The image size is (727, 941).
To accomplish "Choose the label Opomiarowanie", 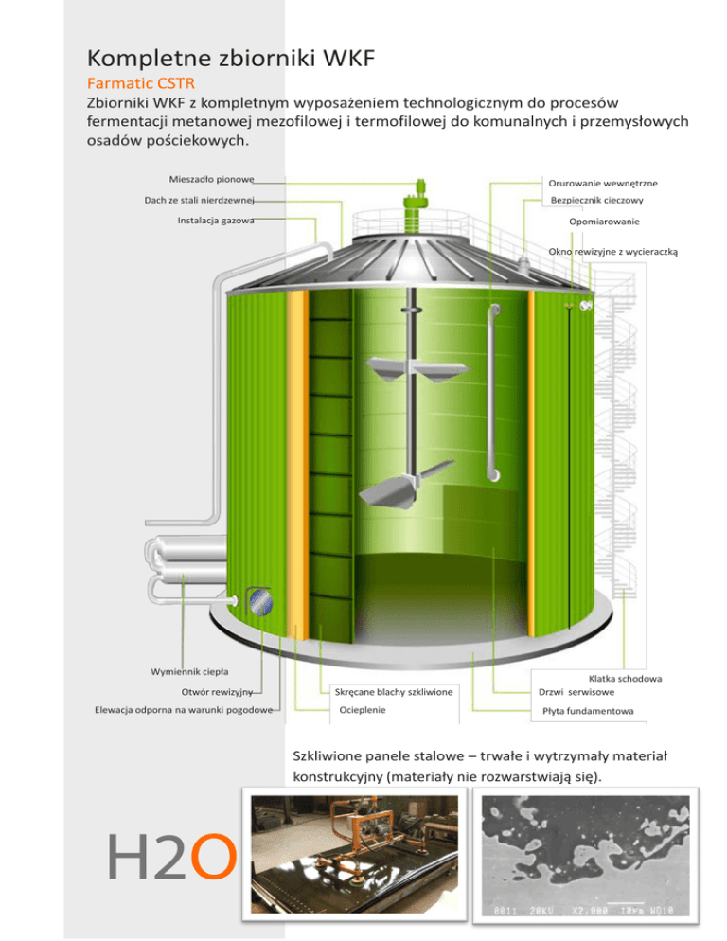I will click(605, 222).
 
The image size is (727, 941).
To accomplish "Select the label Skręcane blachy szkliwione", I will click(394, 693).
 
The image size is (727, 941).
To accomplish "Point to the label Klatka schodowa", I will click(625, 679).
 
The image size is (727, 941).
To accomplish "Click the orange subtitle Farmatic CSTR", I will click(140, 84).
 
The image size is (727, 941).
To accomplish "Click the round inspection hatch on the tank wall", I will click(258, 599).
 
